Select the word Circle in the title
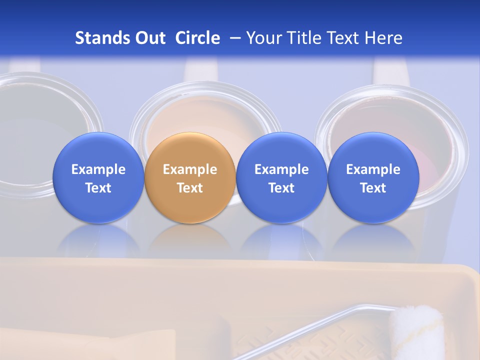click(197, 38)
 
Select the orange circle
click(190, 178)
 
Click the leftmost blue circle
click(98, 178)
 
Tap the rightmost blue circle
click(373, 178)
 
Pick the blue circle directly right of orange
click(281, 178)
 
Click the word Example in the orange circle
click(190, 169)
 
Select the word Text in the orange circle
click(190, 188)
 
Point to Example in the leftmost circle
click(98, 169)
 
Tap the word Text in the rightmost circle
click(373, 188)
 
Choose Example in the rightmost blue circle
click(373, 169)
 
